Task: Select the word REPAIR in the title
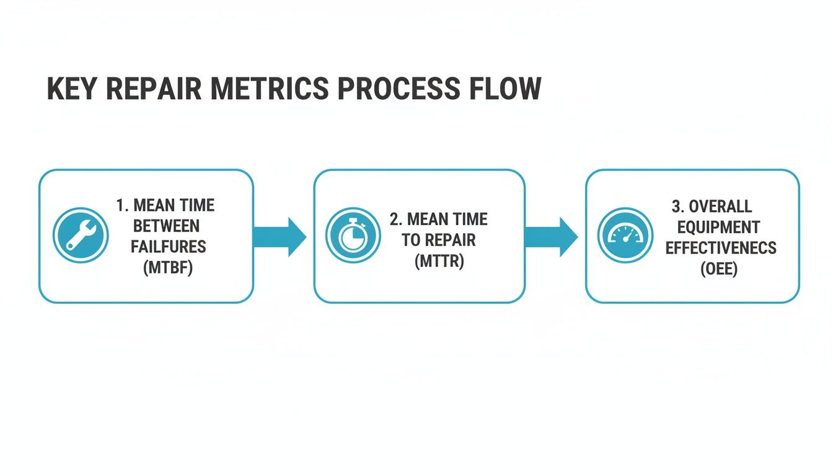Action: pos(154,89)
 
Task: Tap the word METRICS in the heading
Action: pos(270,89)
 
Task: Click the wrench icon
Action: pos(81,236)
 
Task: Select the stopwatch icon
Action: pos(353,236)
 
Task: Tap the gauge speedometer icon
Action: pos(625,236)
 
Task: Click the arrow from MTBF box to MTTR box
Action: pos(280,236)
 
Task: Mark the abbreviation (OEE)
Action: pos(719,269)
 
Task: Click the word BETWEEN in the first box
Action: pos(166,226)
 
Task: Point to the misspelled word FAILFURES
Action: pos(169,247)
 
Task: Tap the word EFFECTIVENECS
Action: pos(721,248)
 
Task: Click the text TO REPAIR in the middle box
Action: pos(440,240)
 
